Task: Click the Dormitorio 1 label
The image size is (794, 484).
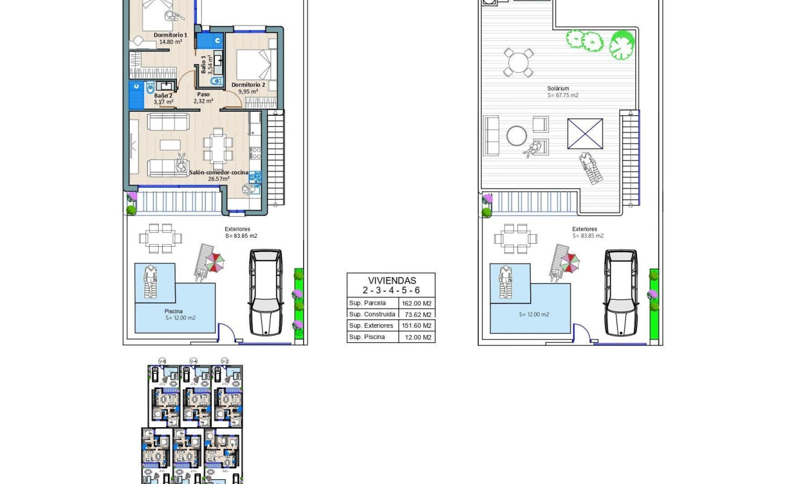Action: [x=170, y=35]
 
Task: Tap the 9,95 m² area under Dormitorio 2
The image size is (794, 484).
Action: [x=252, y=92]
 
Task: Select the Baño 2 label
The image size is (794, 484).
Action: [x=163, y=95]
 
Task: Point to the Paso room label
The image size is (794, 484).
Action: [x=203, y=94]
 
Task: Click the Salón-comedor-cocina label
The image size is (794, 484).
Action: [x=219, y=173]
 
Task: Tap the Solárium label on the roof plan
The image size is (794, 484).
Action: [x=559, y=89]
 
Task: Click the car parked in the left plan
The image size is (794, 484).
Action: [x=266, y=292]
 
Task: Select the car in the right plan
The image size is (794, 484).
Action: [x=621, y=292]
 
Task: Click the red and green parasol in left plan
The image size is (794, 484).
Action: [x=216, y=262]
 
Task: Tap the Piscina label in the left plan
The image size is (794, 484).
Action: [x=174, y=311]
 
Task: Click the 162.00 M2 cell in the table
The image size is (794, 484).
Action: [x=417, y=304]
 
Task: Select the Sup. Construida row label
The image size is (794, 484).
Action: [x=372, y=314]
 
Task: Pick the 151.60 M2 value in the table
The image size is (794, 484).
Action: [x=417, y=326]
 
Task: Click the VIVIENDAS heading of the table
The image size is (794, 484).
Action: [x=392, y=281]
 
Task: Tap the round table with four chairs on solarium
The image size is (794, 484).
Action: [x=519, y=63]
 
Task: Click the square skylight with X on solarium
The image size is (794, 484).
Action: [x=585, y=133]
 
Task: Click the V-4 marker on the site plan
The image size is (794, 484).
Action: [x=193, y=361]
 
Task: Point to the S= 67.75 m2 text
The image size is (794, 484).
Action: [x=563, y=95]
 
